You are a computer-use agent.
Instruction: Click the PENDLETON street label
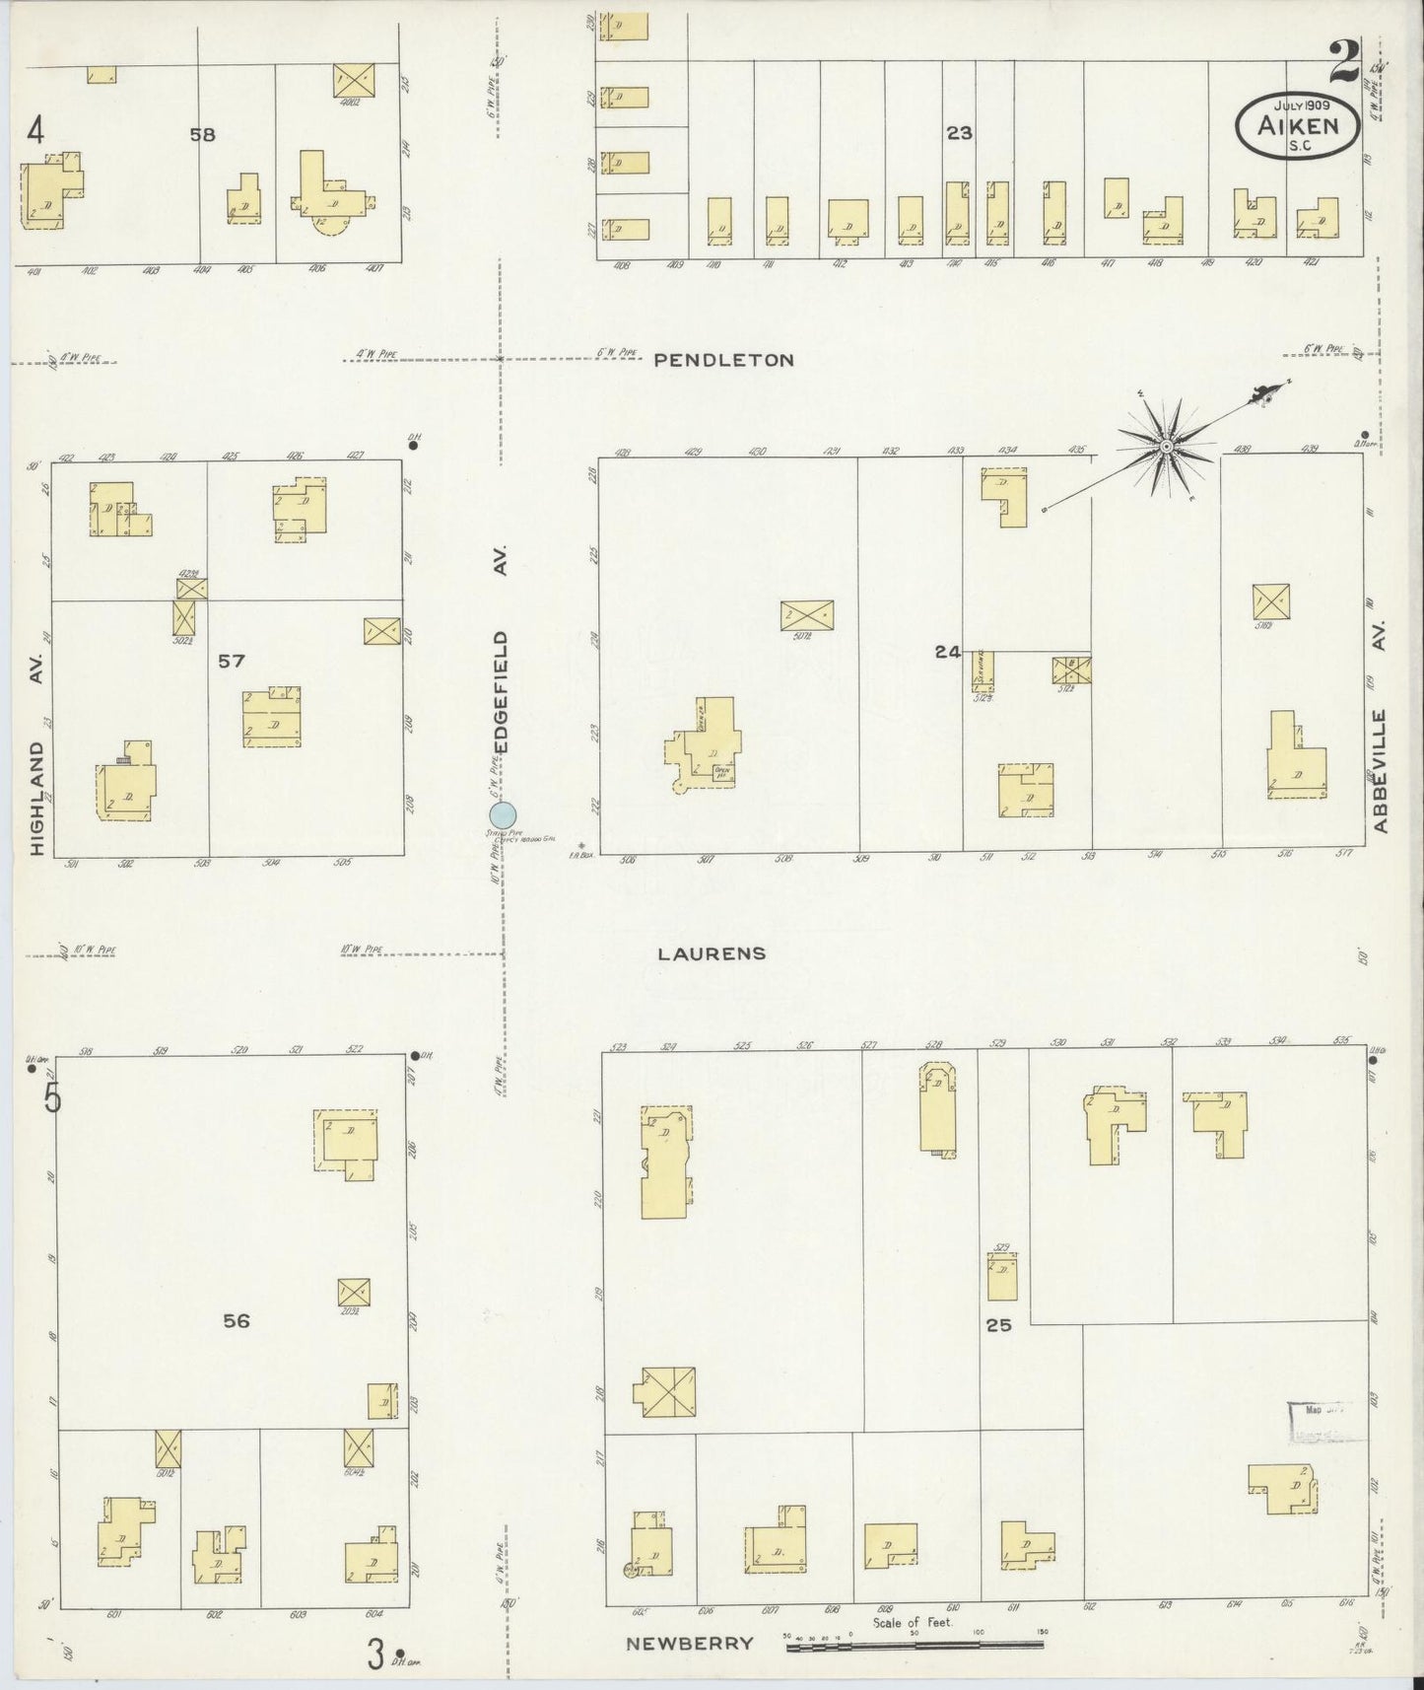click(724, 361)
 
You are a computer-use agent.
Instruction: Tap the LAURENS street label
click(712, 953)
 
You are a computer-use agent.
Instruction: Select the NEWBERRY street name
click(690, 1643)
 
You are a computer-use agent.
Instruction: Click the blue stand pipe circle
click(503, 814)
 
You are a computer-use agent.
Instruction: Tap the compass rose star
click(1167, 448)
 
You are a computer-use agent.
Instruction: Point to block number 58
click(202, 135)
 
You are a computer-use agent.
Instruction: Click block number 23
click(959, 133)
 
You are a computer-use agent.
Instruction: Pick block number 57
click(231, 661)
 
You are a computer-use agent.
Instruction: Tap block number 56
click(236, 1321)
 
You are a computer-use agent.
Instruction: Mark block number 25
click(998, 1325)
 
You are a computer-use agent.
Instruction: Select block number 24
click(948, 652)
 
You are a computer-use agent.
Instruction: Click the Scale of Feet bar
click(914, 1645)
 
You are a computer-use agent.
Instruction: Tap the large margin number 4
click(36, 130)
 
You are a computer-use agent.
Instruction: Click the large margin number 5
click(51, 1097)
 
